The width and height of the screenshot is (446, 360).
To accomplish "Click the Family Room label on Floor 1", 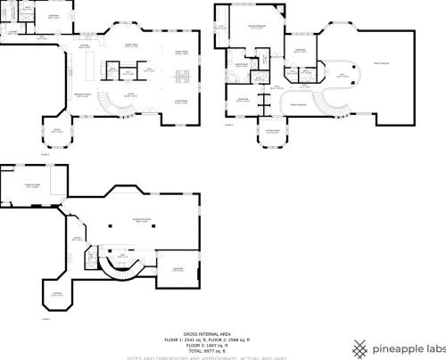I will [x=182, y=53].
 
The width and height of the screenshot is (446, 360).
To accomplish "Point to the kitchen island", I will [x=89, y=66].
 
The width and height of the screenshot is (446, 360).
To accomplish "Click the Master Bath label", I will [x=241, y=65].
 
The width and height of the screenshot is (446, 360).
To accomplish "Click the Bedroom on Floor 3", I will [x=178, y=269].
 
